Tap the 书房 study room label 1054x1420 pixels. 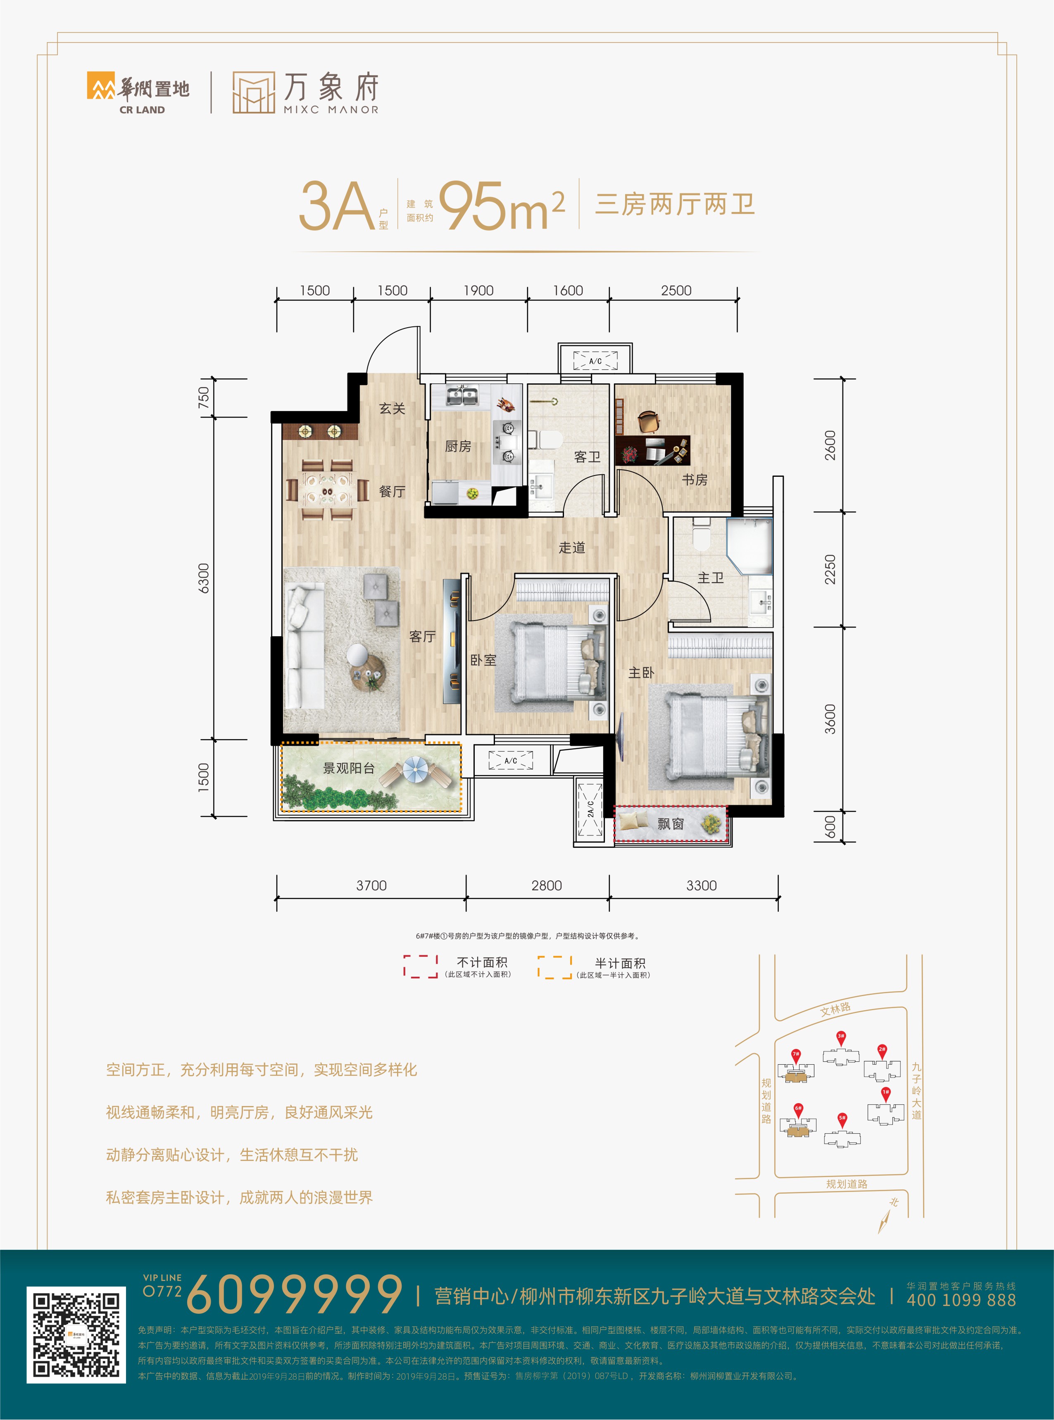tap(695, 479)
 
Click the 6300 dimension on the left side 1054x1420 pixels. tap(204, 578)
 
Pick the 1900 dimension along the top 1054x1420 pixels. tap(478, 290)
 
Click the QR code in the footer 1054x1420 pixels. tap(76, 1335)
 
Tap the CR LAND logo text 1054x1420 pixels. tap(142, 110)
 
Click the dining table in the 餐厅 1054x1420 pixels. tap(327, 490)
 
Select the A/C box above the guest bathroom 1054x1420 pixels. tap(595, 360)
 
